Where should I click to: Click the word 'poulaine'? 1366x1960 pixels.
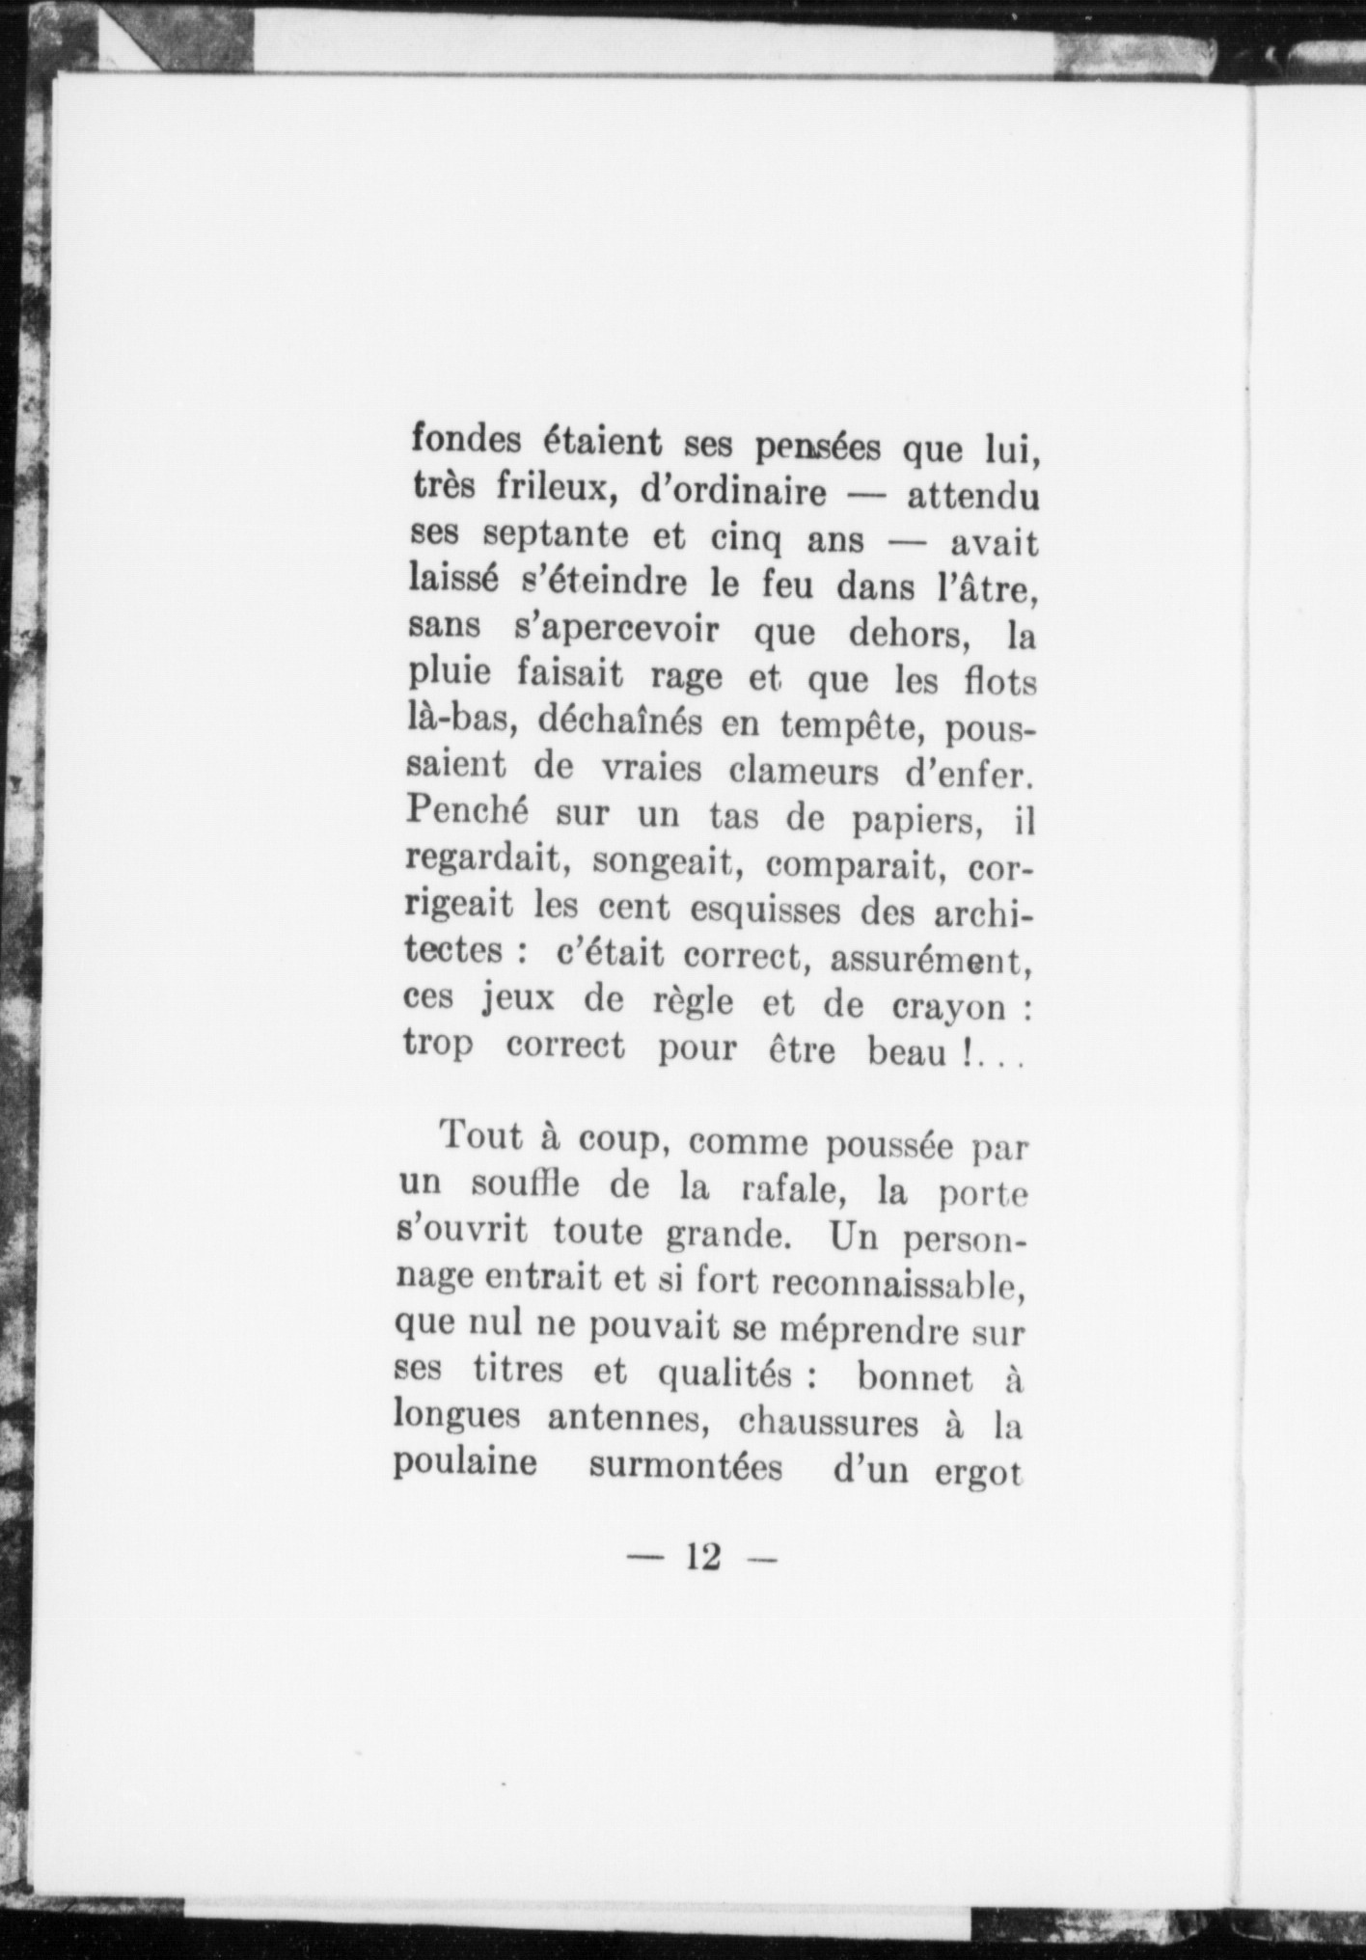pyautogui.click(x=465, y=1465)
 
